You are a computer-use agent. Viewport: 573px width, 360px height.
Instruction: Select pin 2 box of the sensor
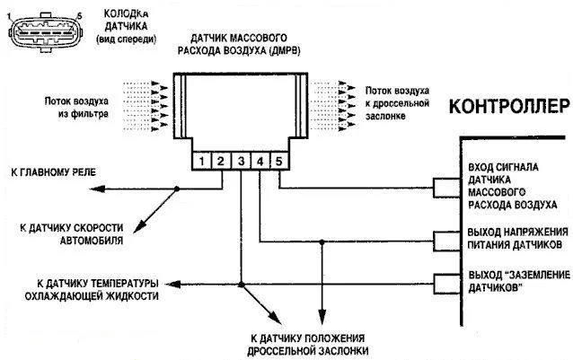[222, 162]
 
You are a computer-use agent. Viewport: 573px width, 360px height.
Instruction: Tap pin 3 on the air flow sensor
[241, 162]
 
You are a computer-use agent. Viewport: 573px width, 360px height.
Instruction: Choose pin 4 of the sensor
[260, 162]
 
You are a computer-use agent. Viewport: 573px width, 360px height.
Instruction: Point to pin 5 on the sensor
[279, 162]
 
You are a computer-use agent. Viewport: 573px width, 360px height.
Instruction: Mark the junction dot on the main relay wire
[178, 188]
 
